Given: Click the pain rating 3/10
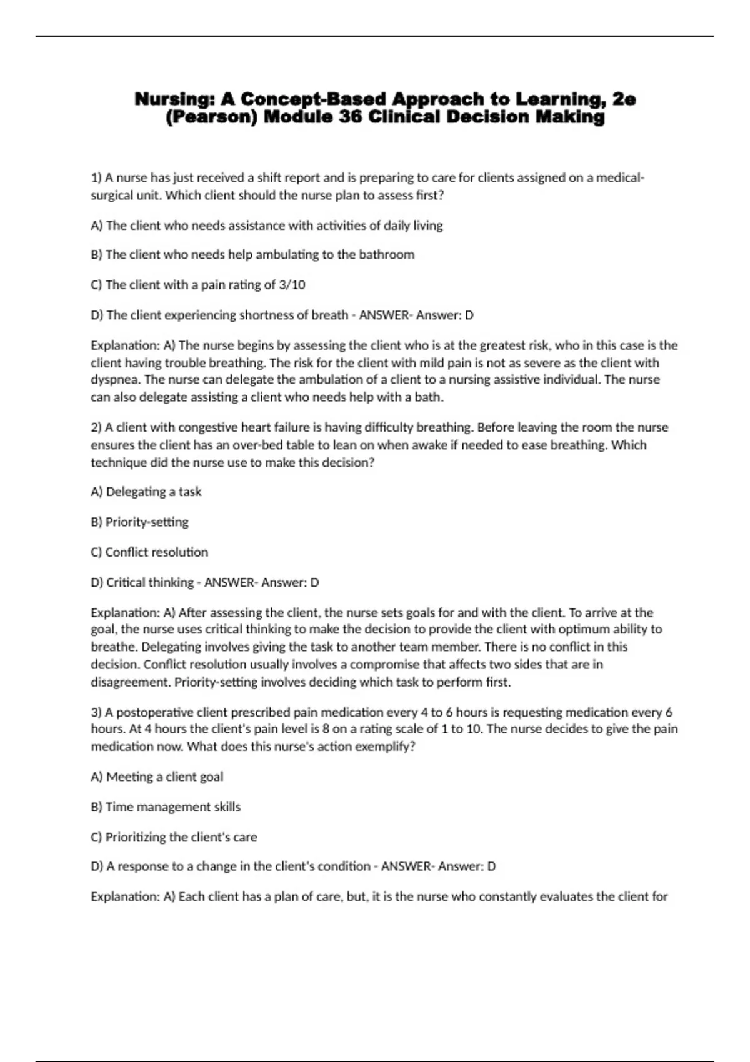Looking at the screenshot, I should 292,285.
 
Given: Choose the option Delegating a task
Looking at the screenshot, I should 146,492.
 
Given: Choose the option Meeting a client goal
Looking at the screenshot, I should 157,777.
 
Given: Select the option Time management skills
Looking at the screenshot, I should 166,807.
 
